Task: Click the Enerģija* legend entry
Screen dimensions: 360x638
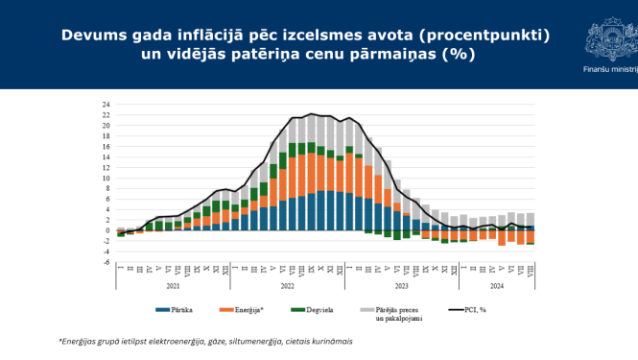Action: pos(246,310)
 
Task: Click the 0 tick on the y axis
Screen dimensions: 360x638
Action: pos(107,230)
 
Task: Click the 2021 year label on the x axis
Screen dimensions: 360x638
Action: pos(173,285)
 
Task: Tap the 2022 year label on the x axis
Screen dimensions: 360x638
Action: pos(288,285)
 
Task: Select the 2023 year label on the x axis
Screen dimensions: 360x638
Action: pos(402,285)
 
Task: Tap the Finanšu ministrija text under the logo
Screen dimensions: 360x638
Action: pos(609,69)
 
